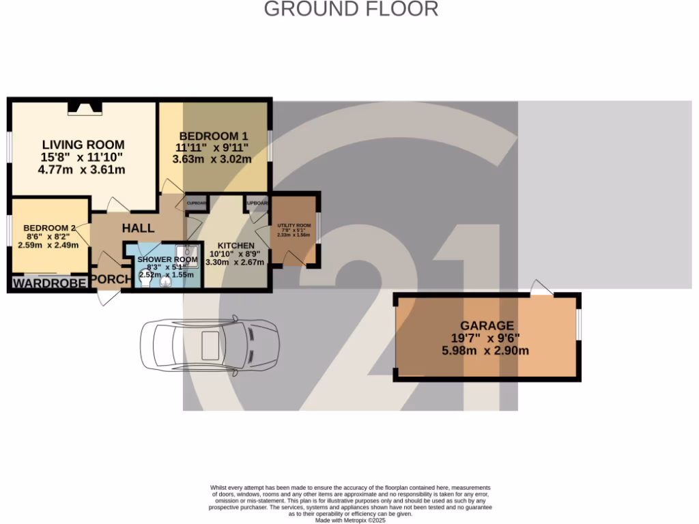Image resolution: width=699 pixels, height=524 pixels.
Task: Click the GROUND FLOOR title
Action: click(351, 10)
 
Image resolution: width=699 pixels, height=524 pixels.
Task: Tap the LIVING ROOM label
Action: click(83, 145)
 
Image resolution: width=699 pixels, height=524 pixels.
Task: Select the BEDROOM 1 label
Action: click(212, 136)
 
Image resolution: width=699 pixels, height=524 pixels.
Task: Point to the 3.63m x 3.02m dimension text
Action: click(212, 160)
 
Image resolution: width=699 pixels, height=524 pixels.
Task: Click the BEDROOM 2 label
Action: click(49, 228)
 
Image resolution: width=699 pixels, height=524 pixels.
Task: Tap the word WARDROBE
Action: click(50, 283)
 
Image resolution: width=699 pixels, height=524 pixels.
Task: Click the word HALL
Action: click(139, 228)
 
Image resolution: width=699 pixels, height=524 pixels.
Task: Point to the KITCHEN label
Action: click(236, 246)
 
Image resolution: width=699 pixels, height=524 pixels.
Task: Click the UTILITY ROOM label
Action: click(294, 226)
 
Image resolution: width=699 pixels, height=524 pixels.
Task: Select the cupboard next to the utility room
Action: click(257, 203)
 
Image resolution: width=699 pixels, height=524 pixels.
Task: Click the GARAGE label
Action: click(487, 326)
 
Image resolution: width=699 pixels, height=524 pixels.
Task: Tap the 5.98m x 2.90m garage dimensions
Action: click(485, 351)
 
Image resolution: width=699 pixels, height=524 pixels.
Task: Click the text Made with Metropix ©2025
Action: click(350, 520)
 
